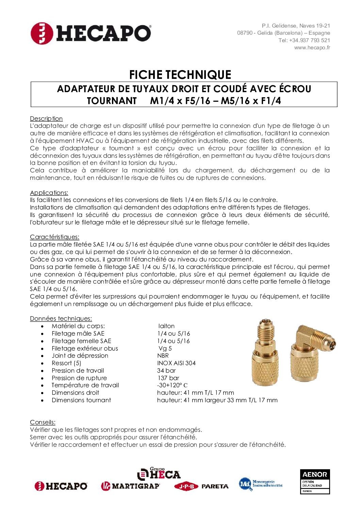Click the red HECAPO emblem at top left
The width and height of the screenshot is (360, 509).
click(x=42, y=33)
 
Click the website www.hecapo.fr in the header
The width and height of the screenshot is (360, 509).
click(x=312, y=48)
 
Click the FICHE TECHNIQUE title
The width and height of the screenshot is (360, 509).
click(x=180, y=74)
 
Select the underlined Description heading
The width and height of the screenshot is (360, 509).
click(x=46, y=119)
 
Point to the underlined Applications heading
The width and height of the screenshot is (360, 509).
click(x=49, y=193)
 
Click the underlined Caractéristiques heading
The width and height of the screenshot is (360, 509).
click(x=54, y=237)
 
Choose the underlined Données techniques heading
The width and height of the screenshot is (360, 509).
click(x=61, y=319)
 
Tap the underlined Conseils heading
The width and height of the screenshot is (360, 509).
click(x=43, y=422)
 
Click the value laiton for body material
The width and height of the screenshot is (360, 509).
click(x=166, y=326)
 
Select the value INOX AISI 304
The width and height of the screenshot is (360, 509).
click(x=176, y=363)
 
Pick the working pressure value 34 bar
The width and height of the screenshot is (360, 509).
click(x=166, y=371)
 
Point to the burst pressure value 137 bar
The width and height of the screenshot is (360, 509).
click(x=168, y=378)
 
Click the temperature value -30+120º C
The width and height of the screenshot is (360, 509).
click(x=172, y=385)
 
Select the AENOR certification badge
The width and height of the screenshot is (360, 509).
click(x=315, y=481)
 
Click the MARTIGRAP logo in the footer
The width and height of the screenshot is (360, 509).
click(x=130, y=486)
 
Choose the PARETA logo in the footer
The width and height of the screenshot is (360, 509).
click(x=215, y=486)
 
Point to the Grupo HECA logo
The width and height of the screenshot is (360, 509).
click(x=159, y=474)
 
